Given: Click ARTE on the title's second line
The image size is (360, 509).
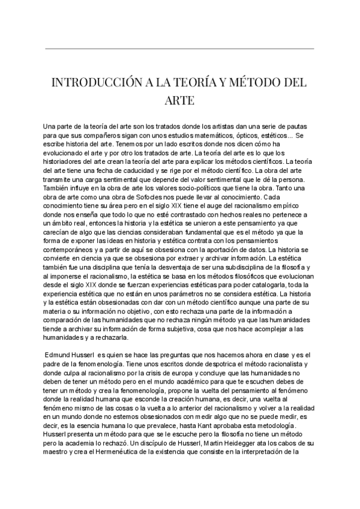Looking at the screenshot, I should (x=179, y=100).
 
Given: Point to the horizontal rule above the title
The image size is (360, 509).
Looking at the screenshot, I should (x=179, y=48).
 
